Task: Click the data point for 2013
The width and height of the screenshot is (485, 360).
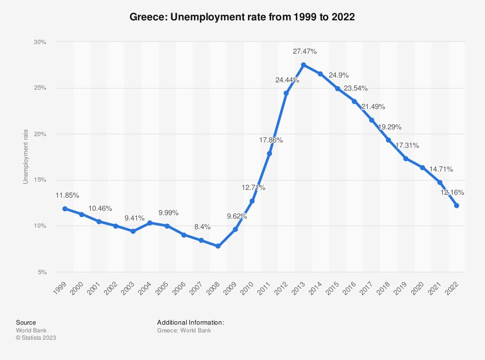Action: point(303,65)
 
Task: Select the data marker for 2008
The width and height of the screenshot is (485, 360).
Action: point(218,246)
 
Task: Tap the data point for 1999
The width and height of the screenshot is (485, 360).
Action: point(65,209)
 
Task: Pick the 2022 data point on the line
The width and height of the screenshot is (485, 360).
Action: point(456,206)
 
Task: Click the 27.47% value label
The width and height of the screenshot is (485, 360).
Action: point(305,51)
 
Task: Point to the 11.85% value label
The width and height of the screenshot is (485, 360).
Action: point(66,195)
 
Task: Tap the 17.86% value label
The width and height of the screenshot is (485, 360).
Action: point(270,140)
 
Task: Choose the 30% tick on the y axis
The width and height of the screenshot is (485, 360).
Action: point(40,42)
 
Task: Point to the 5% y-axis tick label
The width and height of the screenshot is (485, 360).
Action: point(42,272)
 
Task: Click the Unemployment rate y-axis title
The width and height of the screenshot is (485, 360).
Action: point(26,157)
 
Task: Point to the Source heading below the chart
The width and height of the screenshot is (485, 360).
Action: point(26,322)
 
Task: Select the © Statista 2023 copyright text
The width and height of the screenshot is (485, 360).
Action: point(36,338)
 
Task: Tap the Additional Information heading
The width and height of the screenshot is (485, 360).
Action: point(190,322)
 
